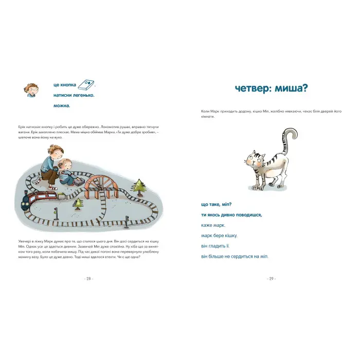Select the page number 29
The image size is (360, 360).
pyautogui.click(x=271, y=278)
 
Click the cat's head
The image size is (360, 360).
pyautogui.click(x=255, y=158)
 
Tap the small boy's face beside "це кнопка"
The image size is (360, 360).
pyautogui.click(x=31, y=90)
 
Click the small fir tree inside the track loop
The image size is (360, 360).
pyautogui.click(x=79, y=204)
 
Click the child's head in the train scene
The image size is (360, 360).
pyautogui.click(x=65, y=164)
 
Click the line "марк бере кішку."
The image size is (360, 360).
pyautogui.click(x=219, y=236)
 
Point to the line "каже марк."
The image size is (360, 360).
pyautogui.click(x=213, y=225)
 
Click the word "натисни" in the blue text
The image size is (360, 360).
pyautogui.click(x=65, y=95)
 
